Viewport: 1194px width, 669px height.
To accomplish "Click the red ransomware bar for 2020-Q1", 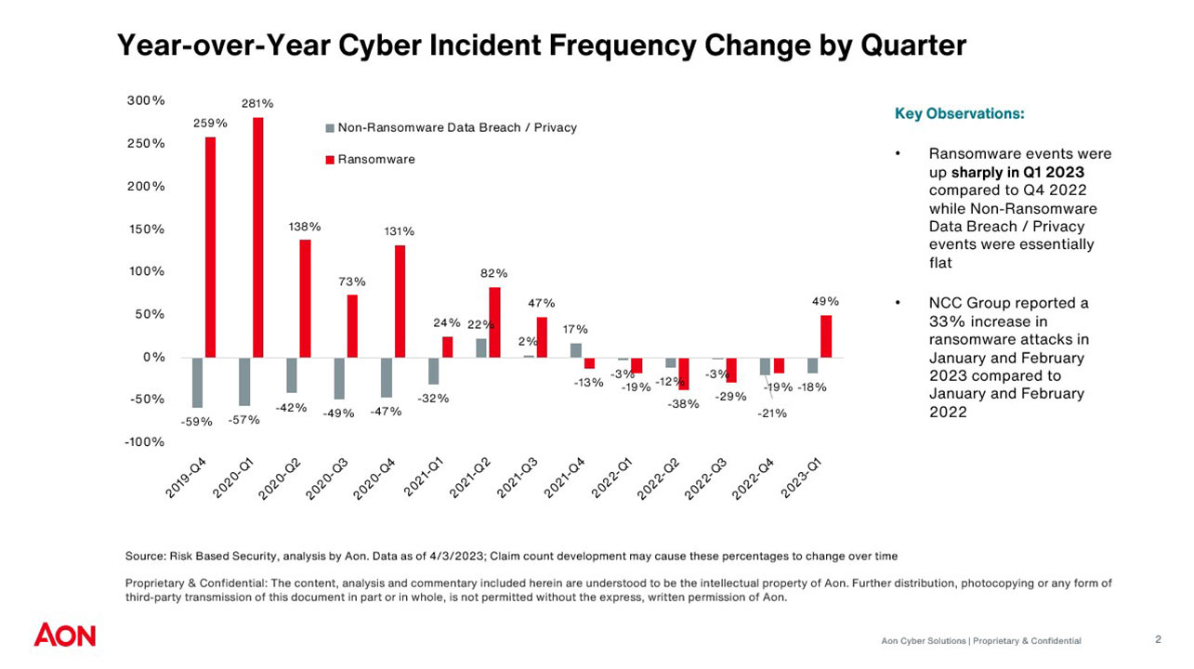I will point(257,237).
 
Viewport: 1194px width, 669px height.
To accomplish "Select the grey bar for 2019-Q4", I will point(198,382).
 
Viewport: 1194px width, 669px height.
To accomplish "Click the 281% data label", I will point(257,104).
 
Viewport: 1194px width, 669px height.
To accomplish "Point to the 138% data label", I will point(304,226).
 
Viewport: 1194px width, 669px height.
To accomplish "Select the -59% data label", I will point(197,421).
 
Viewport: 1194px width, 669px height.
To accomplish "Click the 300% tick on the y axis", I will point(146,100).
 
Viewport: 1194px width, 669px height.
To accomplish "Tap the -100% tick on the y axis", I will point(144,441).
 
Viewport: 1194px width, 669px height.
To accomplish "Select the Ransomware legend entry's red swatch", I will point(329,160).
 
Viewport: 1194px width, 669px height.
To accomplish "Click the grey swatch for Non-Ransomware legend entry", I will point(329,127).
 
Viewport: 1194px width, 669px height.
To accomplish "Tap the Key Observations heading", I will point(960,113).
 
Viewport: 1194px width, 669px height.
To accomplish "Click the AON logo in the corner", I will point(65,636).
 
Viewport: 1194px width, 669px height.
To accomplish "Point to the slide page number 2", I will point(1158,639).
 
